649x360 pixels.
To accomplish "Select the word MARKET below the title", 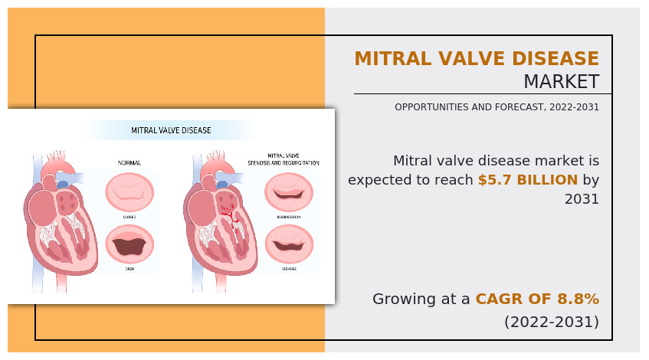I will tap(561, 82).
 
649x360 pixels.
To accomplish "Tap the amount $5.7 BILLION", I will tap(527, 180).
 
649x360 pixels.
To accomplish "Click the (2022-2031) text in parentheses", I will tap(551, 322).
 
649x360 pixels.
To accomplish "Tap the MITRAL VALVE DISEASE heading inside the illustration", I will tap(171, 130).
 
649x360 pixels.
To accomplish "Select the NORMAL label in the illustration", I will tap(129, 163).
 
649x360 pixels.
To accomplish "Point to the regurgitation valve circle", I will tap(288, 191).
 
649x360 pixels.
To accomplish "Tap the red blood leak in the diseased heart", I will tap(227, 211).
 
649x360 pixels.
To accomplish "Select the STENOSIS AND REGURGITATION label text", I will tap(283, 163).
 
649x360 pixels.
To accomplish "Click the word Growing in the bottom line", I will tap(405, 299).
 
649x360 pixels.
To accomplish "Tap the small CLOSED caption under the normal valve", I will tap(129, 217).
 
